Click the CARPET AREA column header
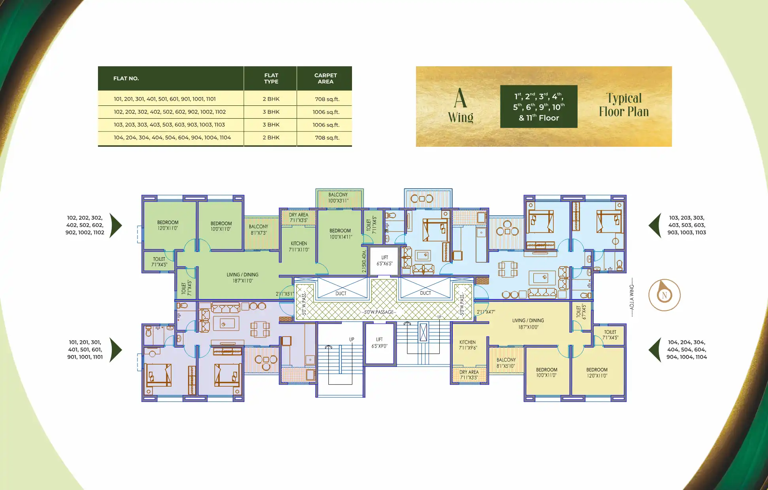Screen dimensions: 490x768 pos(325,79)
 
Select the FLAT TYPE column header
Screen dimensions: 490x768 pos(271,79)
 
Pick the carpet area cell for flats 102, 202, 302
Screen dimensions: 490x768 pos(326,112)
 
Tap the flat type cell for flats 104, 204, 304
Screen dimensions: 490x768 pos(271,138)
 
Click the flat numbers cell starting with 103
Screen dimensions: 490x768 pos(169,125)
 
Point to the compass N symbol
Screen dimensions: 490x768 pos(664,295)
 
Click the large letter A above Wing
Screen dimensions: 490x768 pos(460,98)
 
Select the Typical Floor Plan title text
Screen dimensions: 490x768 pos(624,105)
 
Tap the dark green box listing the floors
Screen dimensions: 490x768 pos(538,107)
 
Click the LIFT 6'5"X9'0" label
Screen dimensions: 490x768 pos(379,343)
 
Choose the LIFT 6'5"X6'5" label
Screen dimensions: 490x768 pos(384,261)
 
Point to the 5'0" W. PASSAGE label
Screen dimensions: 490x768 pos(379,312)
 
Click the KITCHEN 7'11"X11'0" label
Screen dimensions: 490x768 pos(299,247)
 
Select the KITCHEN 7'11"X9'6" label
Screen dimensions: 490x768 pos(468,345)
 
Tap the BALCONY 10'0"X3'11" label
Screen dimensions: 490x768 pos(338,198)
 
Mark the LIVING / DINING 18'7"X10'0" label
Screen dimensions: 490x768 pos(528,324)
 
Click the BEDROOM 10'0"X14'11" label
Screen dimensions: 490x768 pos(340,234)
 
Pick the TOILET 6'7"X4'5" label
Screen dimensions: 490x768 pos(581,311)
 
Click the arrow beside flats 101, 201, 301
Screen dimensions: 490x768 pos(115,350)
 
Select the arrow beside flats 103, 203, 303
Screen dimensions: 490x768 pos(655,225)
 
